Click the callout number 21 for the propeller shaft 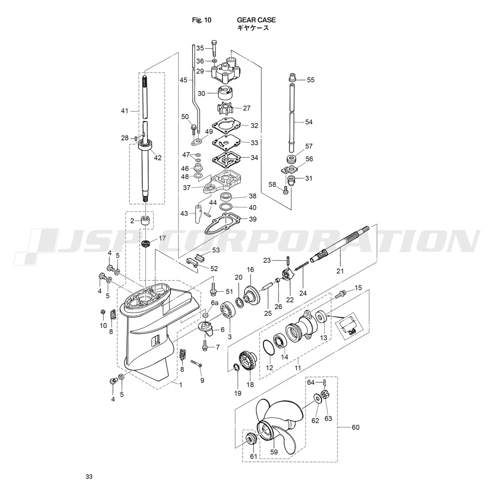click(x=340, y=271)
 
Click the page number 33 click(x=89, y=477)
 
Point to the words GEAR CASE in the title click(x=256, y=20)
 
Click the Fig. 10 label click(x=202, y=20)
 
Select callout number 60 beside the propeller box click(x=355, y=427)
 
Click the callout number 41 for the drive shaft click(x=125, y=111)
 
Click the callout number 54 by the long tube click(x=309, y=122)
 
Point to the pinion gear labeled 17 click(x=146, y=244)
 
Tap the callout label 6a click(x=214, y=303)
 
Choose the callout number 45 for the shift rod click(x=183, y=80)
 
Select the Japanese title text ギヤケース click(x=253, y=28)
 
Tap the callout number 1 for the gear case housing click(x=180, y=385)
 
